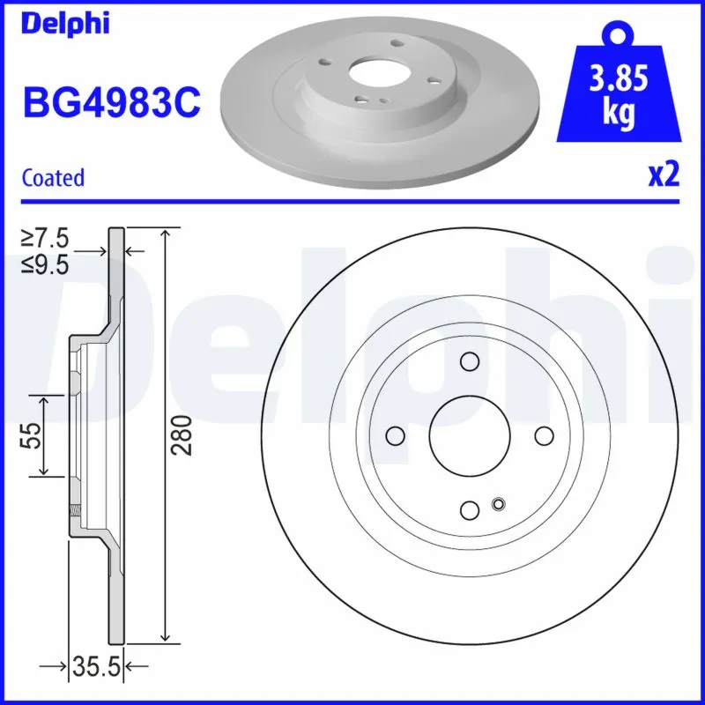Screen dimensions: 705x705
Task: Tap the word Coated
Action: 53,177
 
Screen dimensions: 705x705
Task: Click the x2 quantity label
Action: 664,175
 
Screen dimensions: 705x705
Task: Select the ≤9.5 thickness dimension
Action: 46,263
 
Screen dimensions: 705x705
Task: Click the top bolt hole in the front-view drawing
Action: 470,361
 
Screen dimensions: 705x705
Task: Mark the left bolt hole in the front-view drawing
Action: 396,435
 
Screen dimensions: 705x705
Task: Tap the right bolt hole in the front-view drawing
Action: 544,435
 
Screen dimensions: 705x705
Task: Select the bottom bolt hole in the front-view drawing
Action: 470,509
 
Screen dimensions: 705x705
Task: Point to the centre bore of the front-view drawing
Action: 470,435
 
